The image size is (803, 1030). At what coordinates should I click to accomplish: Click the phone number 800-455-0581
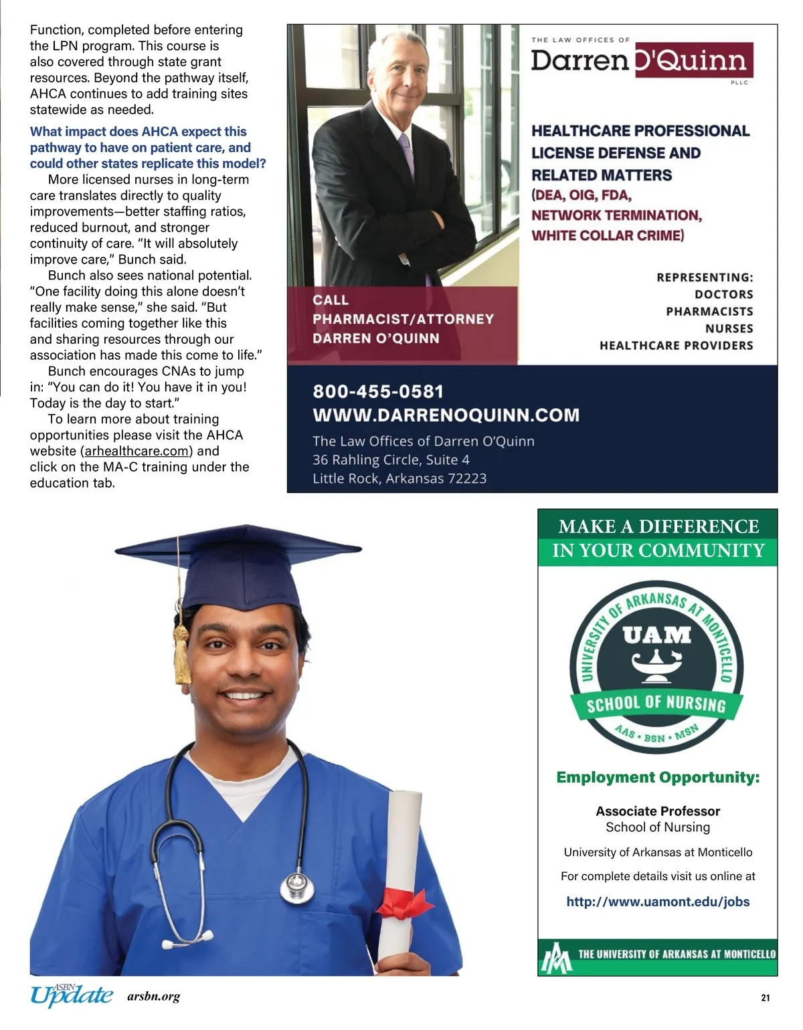point(378,392)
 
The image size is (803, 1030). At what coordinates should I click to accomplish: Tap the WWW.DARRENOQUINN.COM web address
point(446,415)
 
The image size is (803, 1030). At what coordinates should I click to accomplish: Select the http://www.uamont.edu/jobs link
point(658,902)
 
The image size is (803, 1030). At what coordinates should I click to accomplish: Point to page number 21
point(766,997)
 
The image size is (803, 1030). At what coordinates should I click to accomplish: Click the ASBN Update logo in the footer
point(72,995)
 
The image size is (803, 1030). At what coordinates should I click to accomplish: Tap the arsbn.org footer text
point(153,997)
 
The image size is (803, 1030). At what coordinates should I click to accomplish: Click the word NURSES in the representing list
point(729,328)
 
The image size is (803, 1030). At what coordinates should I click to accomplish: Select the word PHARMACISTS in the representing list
point(709,312)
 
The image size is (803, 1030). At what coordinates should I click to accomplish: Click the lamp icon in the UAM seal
point(656,666)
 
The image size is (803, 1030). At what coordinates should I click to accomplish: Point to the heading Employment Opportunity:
point(658,777)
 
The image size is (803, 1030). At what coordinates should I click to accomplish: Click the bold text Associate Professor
point(658,811)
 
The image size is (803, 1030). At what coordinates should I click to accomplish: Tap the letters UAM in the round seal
point(656,634)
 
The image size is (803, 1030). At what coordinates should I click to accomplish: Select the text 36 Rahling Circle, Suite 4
point(391,460)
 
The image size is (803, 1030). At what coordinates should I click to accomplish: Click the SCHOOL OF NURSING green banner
point(656,704)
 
